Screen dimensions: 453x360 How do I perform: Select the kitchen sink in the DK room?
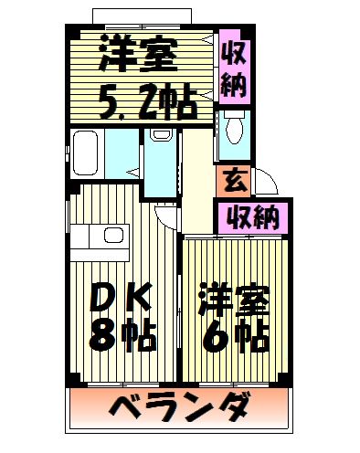point(113,236)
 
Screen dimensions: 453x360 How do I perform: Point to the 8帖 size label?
point(122,336)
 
